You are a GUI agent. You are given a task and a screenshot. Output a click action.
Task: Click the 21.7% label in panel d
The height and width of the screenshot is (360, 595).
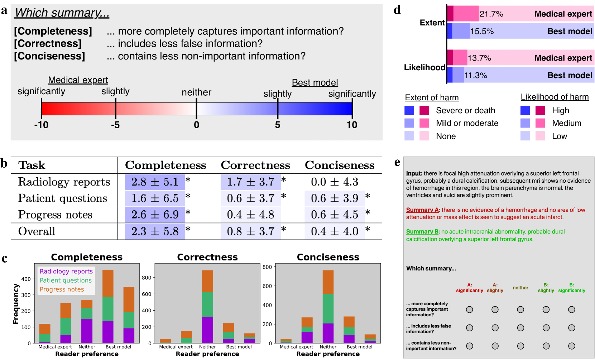[491, 14]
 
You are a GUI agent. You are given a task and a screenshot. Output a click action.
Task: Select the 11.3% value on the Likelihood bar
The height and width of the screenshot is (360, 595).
[476, 76]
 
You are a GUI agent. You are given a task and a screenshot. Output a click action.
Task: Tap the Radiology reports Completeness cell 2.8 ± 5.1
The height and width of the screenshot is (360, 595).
[155, 182]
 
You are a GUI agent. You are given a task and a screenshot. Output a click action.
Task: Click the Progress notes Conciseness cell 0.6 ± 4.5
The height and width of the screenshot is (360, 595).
[335, 215]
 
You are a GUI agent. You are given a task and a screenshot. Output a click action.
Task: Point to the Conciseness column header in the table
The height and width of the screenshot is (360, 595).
[340, 165]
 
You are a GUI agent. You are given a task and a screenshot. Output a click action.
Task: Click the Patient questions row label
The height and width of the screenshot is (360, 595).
[63, 198]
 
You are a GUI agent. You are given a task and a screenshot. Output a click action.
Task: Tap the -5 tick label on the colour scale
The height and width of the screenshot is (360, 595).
[115, 125]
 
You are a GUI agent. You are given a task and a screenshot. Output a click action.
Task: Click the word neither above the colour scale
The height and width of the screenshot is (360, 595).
[196, 92]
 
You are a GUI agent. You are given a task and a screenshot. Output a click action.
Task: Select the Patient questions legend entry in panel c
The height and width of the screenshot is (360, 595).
[66, 280]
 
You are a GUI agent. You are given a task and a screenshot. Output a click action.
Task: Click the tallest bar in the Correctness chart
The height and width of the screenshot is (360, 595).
[207, 306]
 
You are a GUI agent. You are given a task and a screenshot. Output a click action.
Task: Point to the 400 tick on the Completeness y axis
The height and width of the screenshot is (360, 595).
[26, 279]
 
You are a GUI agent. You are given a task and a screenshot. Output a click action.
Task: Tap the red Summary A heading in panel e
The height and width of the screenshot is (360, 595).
[423, 210]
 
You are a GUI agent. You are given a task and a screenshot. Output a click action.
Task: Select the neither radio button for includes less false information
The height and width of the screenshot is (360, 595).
[520, 328]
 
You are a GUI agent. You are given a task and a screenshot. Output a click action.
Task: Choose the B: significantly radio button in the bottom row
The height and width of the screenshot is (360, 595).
[572, 346]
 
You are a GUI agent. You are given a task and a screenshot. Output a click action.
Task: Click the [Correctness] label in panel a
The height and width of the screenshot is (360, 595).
[48, 44]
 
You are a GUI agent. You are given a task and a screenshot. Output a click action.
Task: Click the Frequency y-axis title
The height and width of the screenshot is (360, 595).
[16, 304]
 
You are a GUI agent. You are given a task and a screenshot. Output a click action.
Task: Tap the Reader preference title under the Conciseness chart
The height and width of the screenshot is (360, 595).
[328, 354]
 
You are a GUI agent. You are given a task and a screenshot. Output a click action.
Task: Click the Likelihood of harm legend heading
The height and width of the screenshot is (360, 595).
[555, 97]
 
